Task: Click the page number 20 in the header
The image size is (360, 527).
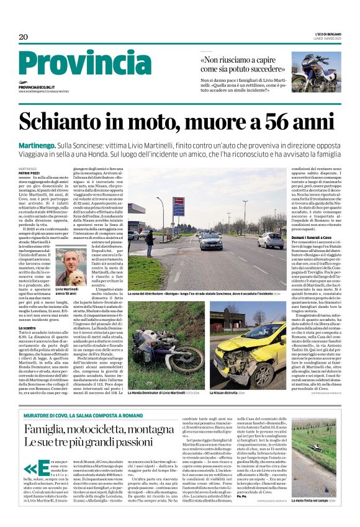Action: click(x=23, y=37)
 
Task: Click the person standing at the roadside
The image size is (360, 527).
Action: click(x=149, y=243)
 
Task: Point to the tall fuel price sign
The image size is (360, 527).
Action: click(x=179, y=211)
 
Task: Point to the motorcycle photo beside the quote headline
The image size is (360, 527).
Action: click(x=316, y=71)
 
